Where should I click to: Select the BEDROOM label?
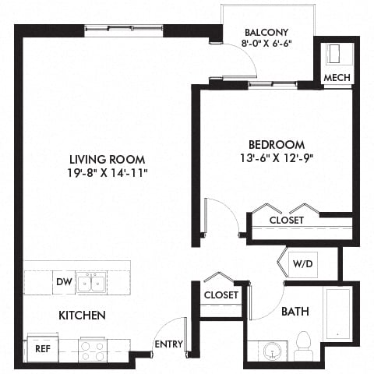(x=277, y=144)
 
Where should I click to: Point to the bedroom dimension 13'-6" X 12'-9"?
(x=277, y=158)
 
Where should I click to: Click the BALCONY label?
(x=266, y=32)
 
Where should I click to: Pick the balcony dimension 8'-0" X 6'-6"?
(x=266, y=44)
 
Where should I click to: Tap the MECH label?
(x=337, y=77)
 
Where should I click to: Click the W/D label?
(x=302, y=263)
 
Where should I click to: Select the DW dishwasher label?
(x=63, y=281)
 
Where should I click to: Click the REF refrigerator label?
(x=43, y=350)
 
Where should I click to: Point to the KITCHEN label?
(x=82, y=316)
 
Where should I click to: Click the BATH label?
(x=295, y=312)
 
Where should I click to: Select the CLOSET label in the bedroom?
(x=286, y=221)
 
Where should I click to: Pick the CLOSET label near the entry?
(x=221, y=295)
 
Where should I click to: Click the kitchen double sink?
(x=92, y=282)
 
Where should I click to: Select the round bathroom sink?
(x=273, y=350)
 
